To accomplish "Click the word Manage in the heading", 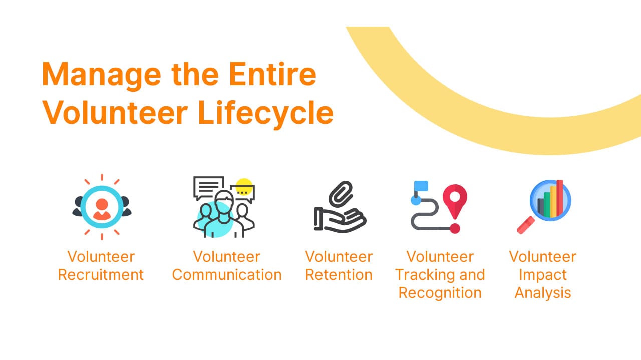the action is click(x=102, y=75).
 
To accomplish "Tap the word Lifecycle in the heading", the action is click(x=265, y=113).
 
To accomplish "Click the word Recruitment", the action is click(x=101, y=275).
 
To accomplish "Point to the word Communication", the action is click(x=227, y=275).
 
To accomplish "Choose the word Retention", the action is click(x=339, y=275).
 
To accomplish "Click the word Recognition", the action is click(x=440, y=293).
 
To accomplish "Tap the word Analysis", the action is click(x=543, y=293).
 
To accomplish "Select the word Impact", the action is click(x=543, y=275).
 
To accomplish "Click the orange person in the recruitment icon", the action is click(x=102, y=209).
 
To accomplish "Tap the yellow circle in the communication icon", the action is click(x=244, y=187).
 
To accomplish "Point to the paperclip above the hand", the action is click(x=341, y=194).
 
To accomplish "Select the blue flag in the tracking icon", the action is click(x=421, y=186).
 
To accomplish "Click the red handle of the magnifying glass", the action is click(x=526, y=225).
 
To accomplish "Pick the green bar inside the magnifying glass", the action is click(x=547, y=205).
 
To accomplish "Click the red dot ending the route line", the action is click(x=455, y=228).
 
